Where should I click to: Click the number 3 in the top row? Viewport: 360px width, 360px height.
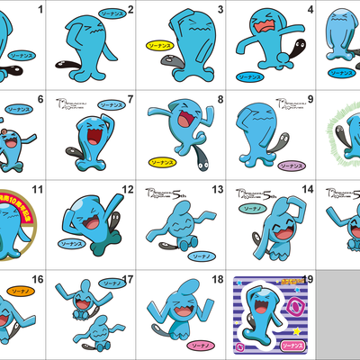coord(220,10)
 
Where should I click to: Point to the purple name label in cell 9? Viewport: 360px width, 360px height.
coord(291,166)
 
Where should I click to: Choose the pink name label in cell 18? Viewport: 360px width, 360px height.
coord(201,344)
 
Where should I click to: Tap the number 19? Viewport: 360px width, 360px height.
coord(309,280)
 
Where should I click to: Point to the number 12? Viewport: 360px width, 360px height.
coord(128,190)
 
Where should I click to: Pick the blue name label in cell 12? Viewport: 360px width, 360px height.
coord(67,243)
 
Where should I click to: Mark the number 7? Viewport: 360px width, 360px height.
coord(130,100)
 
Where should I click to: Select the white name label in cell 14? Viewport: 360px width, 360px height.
coord(251,208)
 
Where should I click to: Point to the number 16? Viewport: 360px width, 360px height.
coord(38,280)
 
